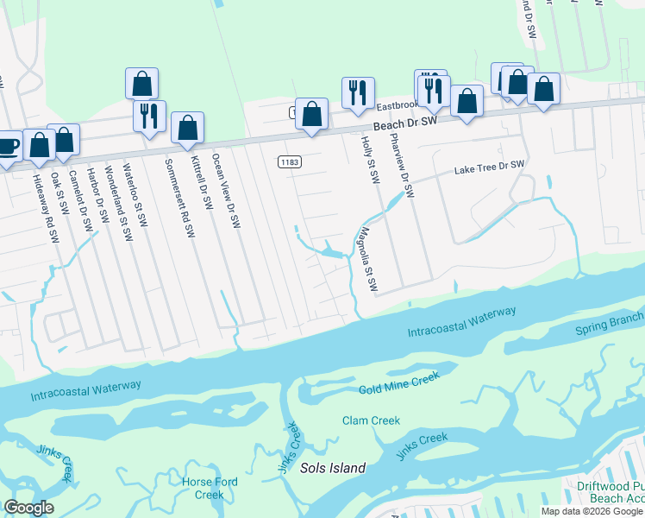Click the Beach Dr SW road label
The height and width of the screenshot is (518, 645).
pos(404,123)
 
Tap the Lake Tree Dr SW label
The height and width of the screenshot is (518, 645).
pos(490,167)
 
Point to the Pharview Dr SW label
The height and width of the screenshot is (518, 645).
pos(401,164)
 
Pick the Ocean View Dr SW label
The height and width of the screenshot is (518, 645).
pos(225,191)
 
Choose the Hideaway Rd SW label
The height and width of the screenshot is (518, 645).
pos(44,207)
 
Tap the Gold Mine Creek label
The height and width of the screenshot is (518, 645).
pos(398,383)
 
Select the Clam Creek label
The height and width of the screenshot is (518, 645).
pos(371,421)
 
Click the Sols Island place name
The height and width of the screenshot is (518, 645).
pos(332,468)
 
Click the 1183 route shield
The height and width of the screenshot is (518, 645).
pos(290,162)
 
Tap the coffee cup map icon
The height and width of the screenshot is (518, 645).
pos(7,145)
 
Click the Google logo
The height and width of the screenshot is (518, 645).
pos(28,508)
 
